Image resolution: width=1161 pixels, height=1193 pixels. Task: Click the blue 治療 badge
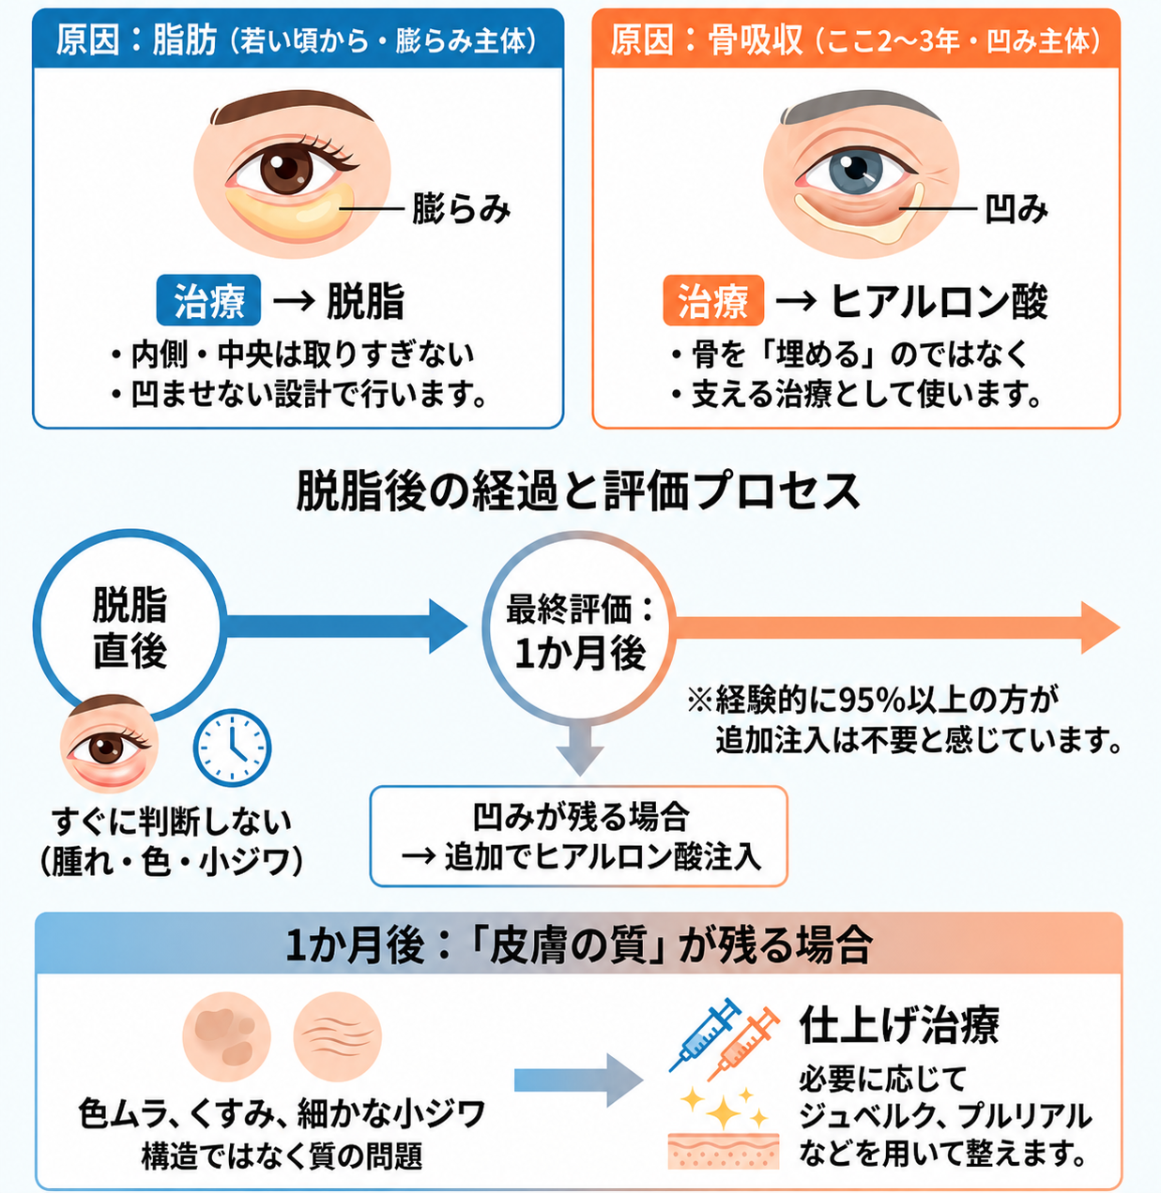(x=208, y=300)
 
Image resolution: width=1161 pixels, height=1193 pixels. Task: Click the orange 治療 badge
(x=713, y=300)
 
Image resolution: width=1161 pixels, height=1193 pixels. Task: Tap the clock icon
(x=232, y=748)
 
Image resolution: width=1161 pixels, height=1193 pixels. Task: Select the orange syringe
(x=743, y=1044)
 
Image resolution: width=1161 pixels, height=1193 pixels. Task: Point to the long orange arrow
(x=897, y=627)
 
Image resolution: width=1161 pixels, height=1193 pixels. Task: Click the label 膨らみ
(x=461, y=208)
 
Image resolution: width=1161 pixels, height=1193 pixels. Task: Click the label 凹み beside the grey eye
(x=1016, y=208)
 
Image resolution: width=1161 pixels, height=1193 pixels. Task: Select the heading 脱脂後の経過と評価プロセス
(x=579, y=491)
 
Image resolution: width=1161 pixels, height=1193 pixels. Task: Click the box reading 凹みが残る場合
(x=579, y=837)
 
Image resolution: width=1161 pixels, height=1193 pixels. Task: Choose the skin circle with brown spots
(x=227, y=1036)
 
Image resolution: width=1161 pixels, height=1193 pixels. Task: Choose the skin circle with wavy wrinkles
(x=338, y=1036)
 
